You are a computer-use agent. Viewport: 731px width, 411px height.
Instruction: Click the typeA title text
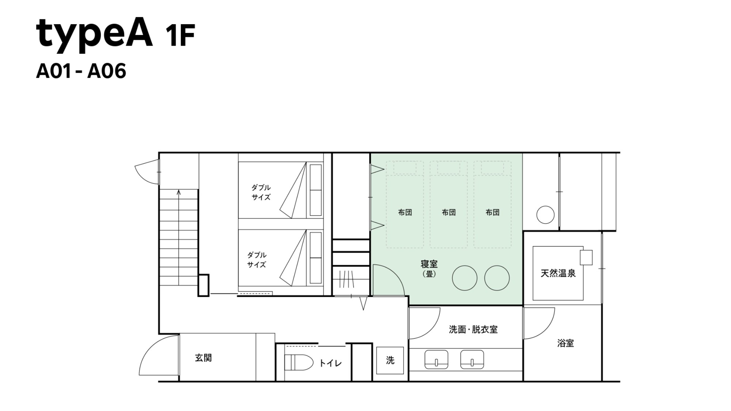(94, 34)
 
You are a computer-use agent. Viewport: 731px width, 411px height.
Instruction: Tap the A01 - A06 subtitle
(81, 71)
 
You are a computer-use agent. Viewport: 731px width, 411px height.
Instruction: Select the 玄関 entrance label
(203, 358)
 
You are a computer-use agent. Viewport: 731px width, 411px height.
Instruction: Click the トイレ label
(330, 363)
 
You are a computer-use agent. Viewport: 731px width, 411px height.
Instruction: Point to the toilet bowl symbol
(299, 363)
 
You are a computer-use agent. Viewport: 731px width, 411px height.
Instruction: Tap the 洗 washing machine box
(390, 360)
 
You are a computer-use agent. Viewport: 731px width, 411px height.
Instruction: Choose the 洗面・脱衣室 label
(473, 330)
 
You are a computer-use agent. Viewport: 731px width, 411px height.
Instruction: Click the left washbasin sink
(436, 359)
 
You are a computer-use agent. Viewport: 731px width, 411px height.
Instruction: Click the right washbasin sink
(472, 359)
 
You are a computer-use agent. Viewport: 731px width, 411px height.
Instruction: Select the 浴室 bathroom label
(565, 343)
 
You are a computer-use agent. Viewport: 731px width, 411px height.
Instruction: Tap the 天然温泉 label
(558, 273)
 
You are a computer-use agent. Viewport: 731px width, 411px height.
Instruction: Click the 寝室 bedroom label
(429, 264)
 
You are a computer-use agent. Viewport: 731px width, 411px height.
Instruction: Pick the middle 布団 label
(449, 212)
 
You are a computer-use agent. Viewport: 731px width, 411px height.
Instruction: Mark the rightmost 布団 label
(493, 212)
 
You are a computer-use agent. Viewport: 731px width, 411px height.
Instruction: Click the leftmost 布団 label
(405, 212)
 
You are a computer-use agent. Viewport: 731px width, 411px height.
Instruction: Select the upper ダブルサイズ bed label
(261, 192)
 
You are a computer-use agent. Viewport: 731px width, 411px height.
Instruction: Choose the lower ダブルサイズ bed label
(257, 260)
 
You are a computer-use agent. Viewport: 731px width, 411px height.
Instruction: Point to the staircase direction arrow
(179, 237)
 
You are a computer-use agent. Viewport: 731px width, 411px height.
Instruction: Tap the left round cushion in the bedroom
(465, 278)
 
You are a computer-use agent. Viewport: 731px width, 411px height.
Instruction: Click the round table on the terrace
(545, 215)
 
